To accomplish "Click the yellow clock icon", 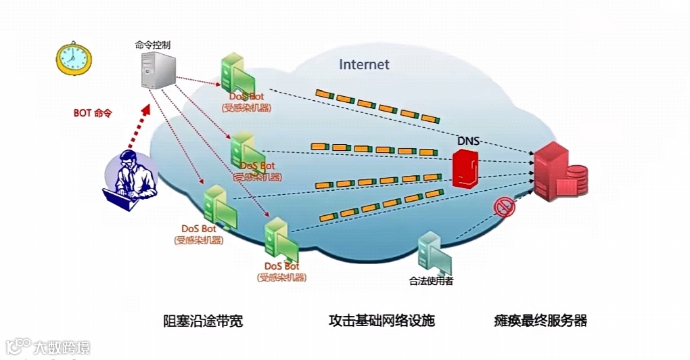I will tap(73, 58).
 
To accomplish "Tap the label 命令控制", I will tap(153, 45).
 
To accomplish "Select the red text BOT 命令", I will tap(92, 113).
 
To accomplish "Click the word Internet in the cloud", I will tap(364, 65).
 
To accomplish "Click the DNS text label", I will tap(468, 141).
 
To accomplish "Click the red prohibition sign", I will tap(505, 207).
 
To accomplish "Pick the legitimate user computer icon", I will tap(432, 251).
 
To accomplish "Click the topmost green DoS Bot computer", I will tap(235, 73).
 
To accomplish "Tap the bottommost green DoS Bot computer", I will tap(279, 237).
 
